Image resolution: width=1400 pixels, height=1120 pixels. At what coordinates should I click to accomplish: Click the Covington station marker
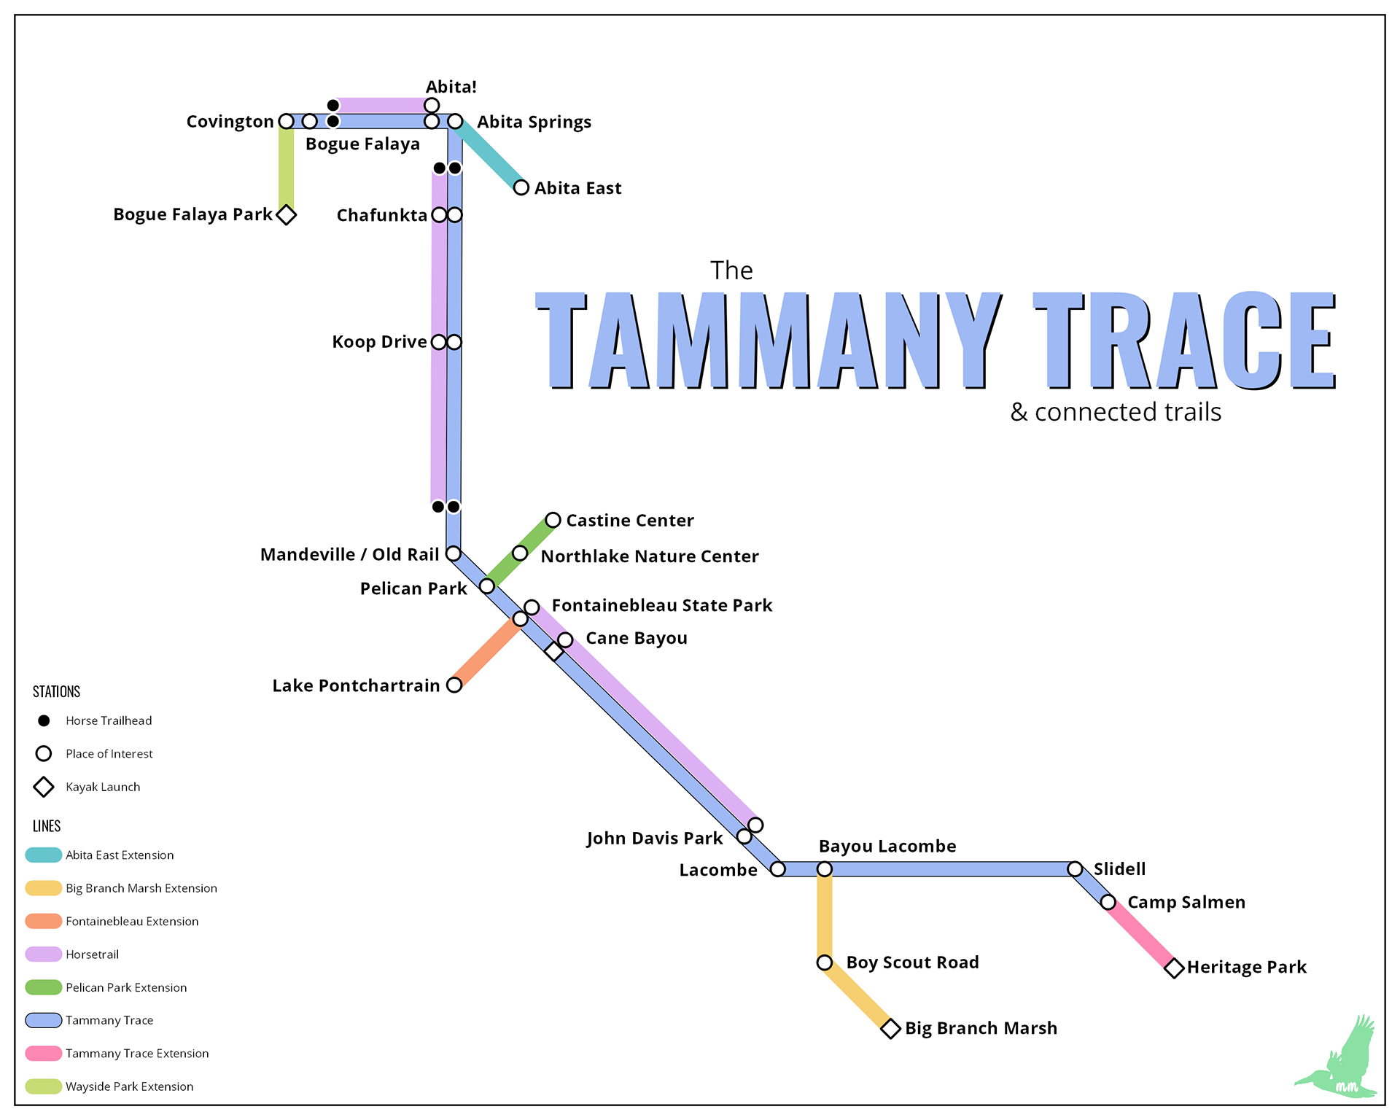click(x=287, y=121)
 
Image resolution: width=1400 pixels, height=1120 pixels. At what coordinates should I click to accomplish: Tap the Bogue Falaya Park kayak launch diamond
click(x=287, y=215)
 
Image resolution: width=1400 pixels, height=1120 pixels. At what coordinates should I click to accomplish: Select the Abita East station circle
click(x=521, y=187)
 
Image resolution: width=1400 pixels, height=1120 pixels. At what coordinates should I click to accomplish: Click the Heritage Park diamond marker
click(x=1174, y=968)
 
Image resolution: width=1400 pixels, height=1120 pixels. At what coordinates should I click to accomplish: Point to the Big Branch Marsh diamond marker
click(x=890, y=1029)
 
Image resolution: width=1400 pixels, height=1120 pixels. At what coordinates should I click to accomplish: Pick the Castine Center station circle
click(x=553, y=520)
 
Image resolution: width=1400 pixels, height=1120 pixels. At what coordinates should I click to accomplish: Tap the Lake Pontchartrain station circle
click(x=454, y=685)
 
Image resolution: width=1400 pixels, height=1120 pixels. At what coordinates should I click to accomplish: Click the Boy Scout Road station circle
click(x=825, y=962)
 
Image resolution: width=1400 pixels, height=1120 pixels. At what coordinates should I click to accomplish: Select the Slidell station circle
click(x=1075, y=869)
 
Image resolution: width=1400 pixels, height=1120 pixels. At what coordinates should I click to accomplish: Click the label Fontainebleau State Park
click(x=661, y=605)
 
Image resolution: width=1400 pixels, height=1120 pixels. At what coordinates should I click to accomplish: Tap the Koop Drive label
click(x=379, y=342)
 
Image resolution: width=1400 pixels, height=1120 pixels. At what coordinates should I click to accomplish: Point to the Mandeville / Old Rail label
click(x=349, y=555)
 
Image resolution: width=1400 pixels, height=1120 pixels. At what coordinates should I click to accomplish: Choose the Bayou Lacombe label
click(x=887, y=847)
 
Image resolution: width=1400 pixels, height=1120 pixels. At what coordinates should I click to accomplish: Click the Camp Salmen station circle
click(x=1108, y=903)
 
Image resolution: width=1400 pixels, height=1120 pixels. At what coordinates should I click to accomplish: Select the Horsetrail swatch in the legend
click(x=44, y=954)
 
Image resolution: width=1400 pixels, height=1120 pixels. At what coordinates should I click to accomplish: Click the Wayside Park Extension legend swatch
click(x=44, y=1086)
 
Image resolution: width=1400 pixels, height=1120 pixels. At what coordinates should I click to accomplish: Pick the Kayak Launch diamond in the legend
click(x=44, y=787)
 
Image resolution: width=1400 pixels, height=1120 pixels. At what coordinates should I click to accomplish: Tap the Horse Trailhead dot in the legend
click(x=44, y=720)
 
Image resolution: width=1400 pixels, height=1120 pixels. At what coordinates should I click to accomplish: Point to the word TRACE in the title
click(x=1184, y=340)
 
